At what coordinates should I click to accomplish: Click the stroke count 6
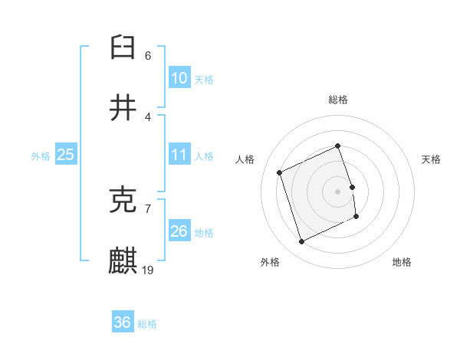click(x=148, y=55)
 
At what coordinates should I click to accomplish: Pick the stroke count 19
click(x=149, y=270)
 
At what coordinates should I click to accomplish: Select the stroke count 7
click(x=148, y=208)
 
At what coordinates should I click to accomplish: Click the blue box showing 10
click(x=179, y=78)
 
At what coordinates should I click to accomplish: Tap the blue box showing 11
click(x=179, y=155)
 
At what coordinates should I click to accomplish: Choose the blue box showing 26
click(x=179, y=231)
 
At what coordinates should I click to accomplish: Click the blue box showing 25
click(x=65, y=155)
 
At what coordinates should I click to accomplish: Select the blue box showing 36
click(x=122, y=322)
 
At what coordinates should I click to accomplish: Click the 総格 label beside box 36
click(x=147, y=324)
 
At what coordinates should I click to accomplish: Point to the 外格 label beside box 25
click(x=41, y=156)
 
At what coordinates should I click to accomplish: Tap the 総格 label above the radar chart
click(x=338, y=100)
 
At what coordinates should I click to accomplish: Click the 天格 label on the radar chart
click(x=432, y=159)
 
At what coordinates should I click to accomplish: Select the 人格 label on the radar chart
click(x=245, y=159)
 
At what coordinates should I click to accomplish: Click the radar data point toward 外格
click(x=301, y=242)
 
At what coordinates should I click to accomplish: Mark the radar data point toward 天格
click(x=352, y=187)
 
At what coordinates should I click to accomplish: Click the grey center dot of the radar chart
click(x=338, y=191)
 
